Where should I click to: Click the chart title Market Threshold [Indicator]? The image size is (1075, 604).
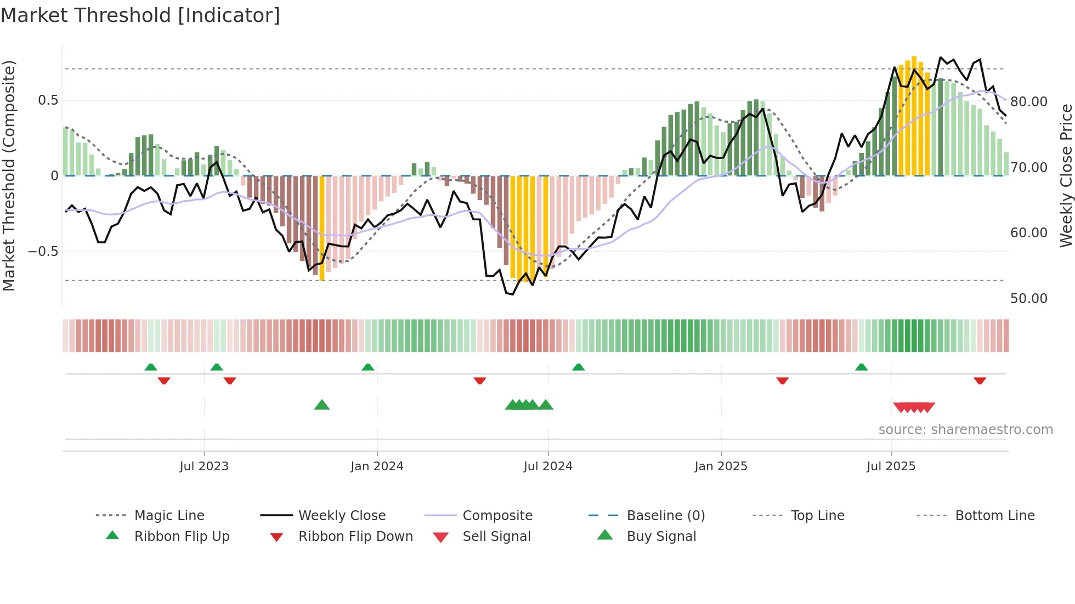[x=140, y=15]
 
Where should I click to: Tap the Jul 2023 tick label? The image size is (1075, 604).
[x=203, y=466]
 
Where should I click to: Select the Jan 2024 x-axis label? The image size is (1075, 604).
[x=377, y=466]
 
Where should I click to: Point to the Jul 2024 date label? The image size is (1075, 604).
[x=548, y=466]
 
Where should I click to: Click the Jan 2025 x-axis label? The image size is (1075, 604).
[x=721, y=466]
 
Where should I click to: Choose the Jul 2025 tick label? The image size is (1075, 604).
[x=891, y=466]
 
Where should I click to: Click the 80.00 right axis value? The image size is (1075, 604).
[x=1029, y=102]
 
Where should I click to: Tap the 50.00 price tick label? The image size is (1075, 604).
[x=1029, y=299]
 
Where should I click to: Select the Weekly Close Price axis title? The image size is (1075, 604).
[x=1066, y=175]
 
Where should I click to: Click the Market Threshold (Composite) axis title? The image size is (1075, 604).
[x=9, y=175]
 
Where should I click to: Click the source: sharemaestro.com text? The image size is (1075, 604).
[x=965, y=430]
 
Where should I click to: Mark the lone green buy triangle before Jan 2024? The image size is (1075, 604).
[x=322, y=405]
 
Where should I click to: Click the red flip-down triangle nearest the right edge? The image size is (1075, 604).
[x=980, y=380]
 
